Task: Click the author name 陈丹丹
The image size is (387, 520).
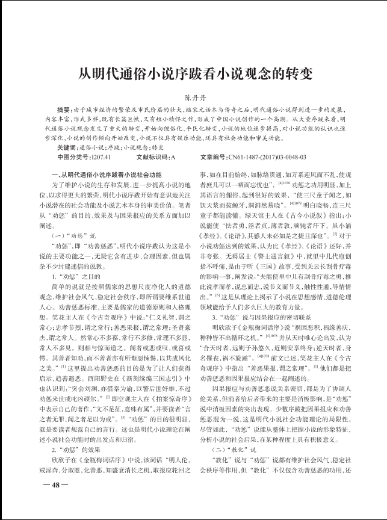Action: pos(193,96)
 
